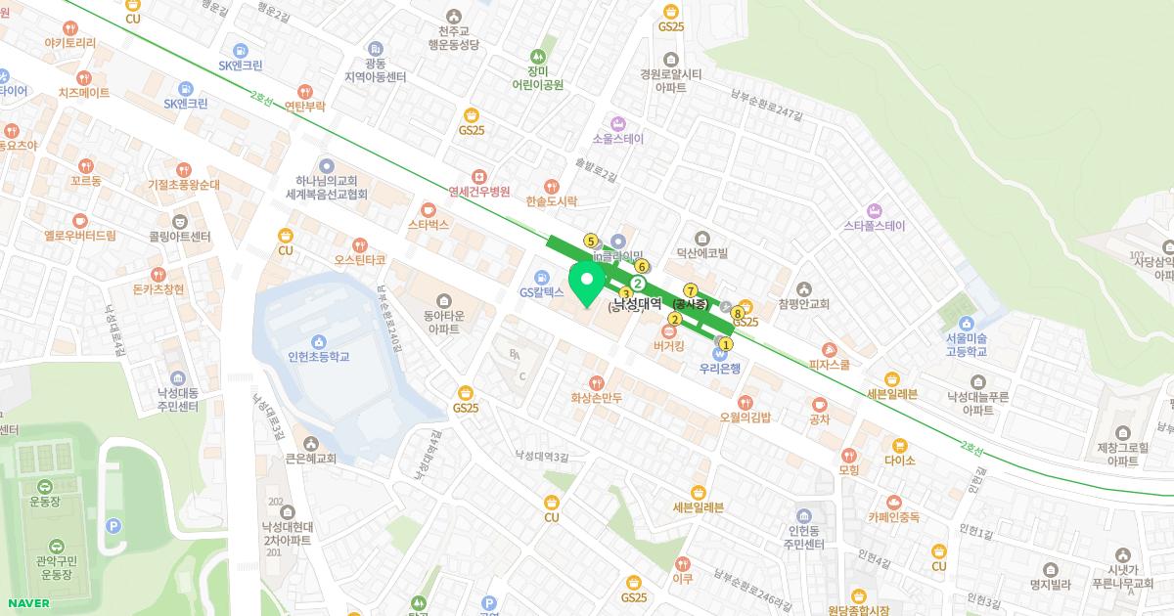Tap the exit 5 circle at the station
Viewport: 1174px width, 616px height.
pyautogui.click(x=590, y=241)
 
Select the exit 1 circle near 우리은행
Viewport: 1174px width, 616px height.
pyautogui.click(x=726, y=344)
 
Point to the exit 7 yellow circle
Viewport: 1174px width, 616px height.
pyautogui.click(x=691, y=290)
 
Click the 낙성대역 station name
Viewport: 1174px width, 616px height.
pyautogui.click(x=637, y=304)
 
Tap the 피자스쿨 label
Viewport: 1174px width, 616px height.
pyautogui.click(x=829, y=364)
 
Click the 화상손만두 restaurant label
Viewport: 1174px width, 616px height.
pyautogui.click(x=596, y=398)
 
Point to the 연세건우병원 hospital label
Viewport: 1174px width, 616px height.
pyautogui.click(x=478, y=192)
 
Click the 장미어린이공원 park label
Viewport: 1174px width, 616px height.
pyautogui.click(x=537, y=77)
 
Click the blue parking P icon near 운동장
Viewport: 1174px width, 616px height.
pyautogui.click(x=113, y=525)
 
